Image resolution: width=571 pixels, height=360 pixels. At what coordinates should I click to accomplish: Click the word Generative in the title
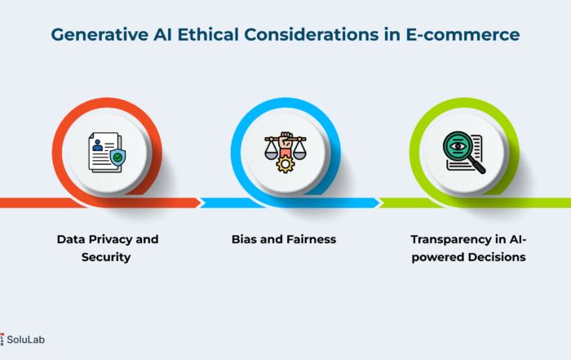100,35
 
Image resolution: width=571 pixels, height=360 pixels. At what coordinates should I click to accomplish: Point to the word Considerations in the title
312,34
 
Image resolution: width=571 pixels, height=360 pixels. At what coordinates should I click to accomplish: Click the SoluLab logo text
25,340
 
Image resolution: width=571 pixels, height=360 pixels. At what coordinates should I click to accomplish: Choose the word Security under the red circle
106,257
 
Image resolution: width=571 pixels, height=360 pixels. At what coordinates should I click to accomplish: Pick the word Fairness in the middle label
311,239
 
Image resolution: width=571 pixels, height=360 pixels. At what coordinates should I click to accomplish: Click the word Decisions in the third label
497,257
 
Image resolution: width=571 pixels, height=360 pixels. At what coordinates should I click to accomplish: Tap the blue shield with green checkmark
117,158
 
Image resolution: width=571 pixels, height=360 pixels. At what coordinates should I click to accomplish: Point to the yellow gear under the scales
285,165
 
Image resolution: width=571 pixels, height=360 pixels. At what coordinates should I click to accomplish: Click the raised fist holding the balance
285,140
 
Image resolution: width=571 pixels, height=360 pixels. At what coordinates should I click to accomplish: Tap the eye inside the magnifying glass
458,146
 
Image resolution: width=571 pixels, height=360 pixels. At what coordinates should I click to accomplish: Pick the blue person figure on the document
97,145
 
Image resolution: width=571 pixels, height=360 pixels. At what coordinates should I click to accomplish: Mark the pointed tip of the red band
201,203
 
